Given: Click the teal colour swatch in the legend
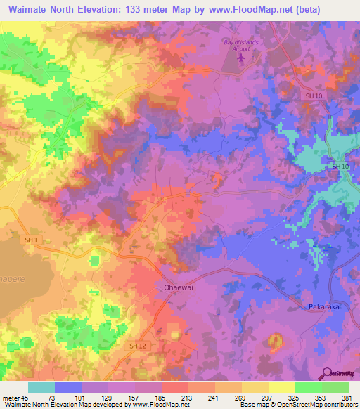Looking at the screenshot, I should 41,387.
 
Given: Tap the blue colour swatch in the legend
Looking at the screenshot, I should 68,387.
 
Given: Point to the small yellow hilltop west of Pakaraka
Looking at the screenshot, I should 274,342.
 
